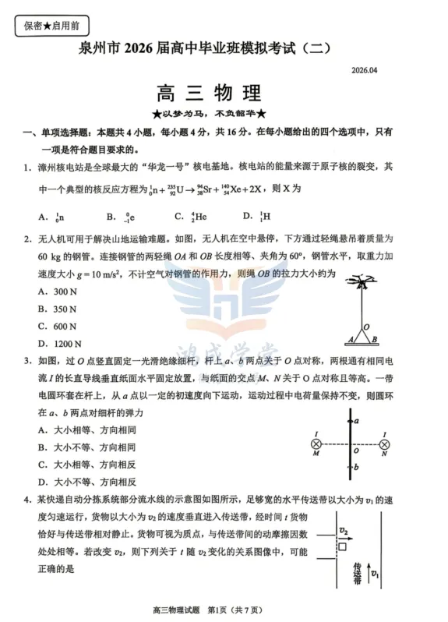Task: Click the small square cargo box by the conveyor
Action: [x=343, y=547]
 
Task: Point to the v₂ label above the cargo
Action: [x=344, y=531]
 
